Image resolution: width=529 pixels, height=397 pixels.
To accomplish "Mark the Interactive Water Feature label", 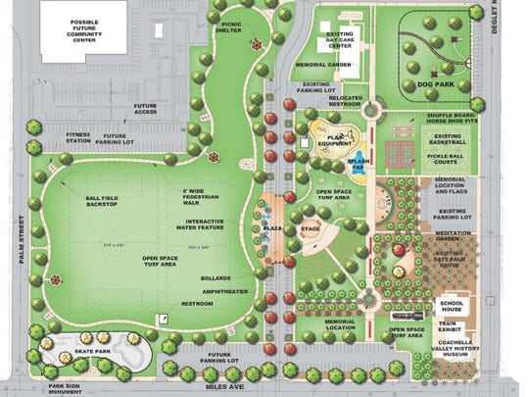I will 203,225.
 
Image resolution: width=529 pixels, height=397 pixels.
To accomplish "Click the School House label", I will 453,304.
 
